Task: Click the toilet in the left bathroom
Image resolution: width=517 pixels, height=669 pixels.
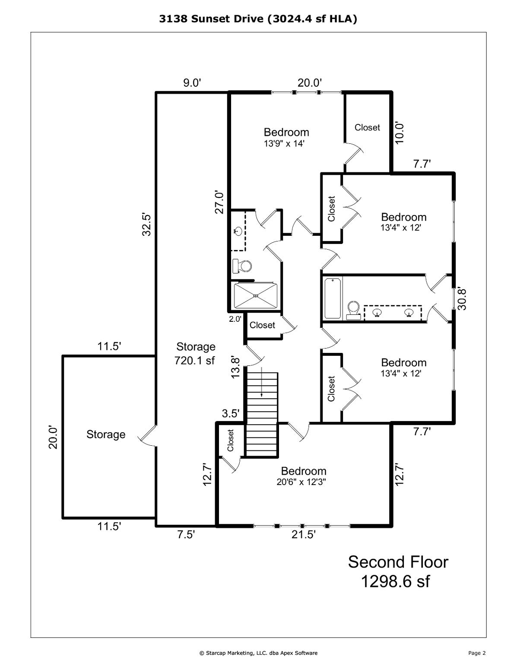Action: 242,266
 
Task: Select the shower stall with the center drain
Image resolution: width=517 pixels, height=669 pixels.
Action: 255,296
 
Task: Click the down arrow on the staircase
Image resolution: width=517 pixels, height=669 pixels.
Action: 262,390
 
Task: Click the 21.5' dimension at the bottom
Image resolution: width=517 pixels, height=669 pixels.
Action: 303,535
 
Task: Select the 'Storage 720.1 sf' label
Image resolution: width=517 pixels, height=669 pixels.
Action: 195,353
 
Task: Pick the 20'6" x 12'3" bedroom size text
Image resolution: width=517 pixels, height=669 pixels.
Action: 301,482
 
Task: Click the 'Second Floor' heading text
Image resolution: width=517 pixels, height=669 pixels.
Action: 398,562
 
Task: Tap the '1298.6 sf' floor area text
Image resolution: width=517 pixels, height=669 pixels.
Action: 395,581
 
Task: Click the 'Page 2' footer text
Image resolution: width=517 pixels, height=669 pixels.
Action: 477,653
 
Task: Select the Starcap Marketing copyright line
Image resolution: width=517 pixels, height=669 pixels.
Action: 258,653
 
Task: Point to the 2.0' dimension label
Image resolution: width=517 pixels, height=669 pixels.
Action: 235,319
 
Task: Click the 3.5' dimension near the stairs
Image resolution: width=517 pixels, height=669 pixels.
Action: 230,413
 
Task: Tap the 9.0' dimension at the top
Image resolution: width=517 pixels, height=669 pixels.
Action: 192,83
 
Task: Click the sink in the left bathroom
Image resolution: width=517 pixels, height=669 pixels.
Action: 238,231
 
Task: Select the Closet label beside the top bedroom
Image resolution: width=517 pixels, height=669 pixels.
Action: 367,127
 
